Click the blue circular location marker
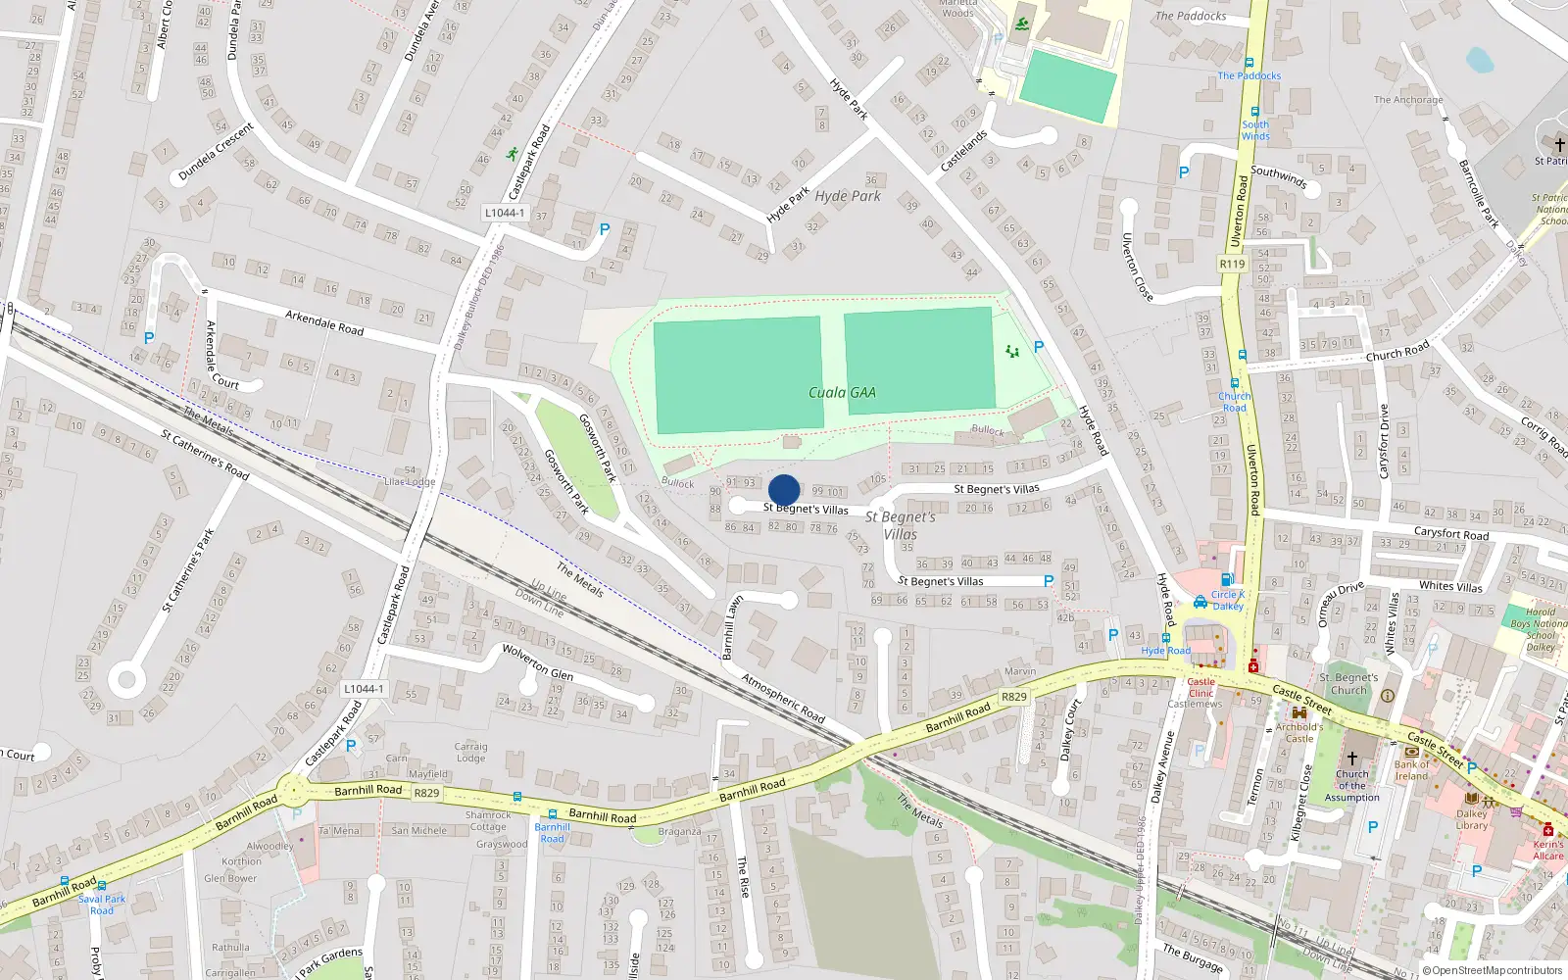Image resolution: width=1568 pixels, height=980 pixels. pos(784,490)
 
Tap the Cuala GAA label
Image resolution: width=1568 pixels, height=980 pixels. pos(842,393)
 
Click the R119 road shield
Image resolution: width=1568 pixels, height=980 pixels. pos(1233,265)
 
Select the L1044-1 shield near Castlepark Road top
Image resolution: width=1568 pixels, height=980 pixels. pos(505,213)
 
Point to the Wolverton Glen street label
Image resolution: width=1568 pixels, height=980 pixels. pos(538,662)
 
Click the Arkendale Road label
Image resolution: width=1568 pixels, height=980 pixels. pos(324,322)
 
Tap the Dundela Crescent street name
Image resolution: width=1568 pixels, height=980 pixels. pos(216,152)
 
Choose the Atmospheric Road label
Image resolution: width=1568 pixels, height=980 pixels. pos(783,699)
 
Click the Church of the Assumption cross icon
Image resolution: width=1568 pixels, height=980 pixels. pos(1352,759)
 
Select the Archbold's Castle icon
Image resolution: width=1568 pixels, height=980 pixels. pos(1299,713)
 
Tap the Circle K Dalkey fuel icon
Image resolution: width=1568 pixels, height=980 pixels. pos(1227,579)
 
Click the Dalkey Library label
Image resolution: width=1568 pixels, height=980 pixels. pos(1471,819)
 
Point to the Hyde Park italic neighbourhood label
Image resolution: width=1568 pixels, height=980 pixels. pos(848,196)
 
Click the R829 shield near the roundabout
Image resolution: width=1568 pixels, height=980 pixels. pos(426,793)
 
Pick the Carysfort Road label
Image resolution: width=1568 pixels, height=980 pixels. pos(1450,534)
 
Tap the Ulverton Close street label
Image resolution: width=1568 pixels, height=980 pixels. pos(1137,267)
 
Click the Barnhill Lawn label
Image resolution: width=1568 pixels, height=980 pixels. pos(733,627)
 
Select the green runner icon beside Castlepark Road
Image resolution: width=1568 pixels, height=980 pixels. pos(512,154)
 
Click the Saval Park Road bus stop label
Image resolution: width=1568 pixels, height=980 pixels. pos(102,905)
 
